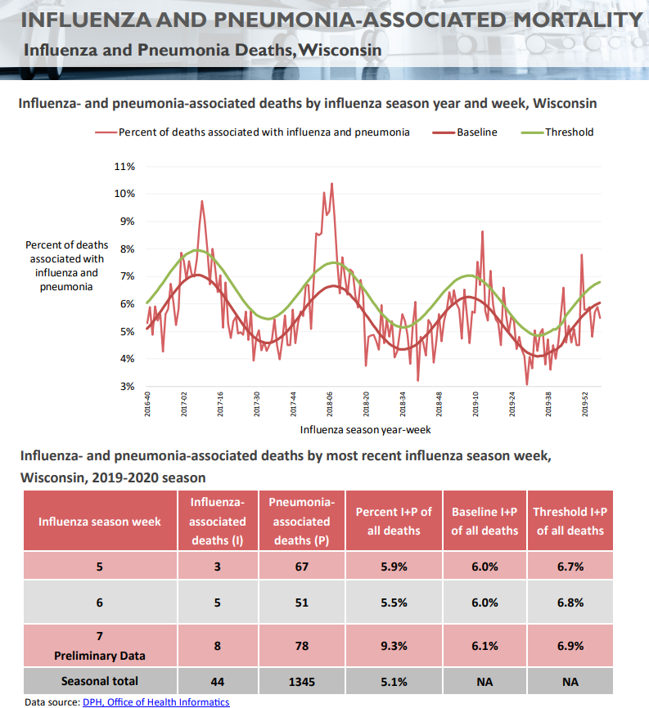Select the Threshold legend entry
(569, 132)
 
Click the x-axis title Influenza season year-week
(365, 428)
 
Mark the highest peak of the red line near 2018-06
(331, 184)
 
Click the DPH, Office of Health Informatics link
(155, 701)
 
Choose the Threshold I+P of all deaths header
(570, 522)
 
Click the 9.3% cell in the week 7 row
(394, 645)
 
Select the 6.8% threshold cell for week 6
(570, 603)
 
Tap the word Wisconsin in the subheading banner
(340, 51)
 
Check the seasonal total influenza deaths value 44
(218, 680)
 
